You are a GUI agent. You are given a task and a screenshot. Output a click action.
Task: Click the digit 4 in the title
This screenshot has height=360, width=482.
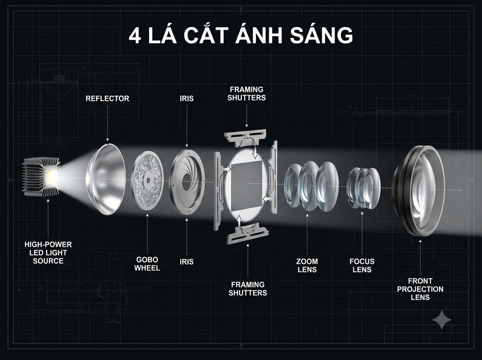pos(135,35)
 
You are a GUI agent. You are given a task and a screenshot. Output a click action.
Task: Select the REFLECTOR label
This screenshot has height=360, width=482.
pos(107,98)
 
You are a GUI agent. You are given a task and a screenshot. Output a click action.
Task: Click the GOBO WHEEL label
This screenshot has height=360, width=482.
pos(147,264)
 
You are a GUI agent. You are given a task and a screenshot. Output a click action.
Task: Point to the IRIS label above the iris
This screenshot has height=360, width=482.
pos(187,98)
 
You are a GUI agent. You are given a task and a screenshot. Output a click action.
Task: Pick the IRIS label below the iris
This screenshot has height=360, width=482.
pos(187,262)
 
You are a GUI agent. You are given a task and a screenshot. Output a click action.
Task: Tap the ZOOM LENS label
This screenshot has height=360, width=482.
pos(307,265)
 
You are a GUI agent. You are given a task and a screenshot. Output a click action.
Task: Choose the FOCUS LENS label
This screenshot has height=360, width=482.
pos(362,265)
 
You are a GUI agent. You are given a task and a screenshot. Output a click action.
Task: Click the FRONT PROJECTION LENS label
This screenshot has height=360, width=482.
pos(420,289)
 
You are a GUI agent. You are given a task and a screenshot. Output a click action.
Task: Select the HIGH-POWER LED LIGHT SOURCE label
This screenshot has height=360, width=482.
pos(48,253)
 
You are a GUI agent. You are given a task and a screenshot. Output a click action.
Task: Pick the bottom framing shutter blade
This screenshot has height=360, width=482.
pos(248,233)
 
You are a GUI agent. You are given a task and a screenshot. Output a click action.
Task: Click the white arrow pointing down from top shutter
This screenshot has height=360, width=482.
pos(255,151)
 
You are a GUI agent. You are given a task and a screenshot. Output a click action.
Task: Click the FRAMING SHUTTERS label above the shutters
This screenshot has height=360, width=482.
pos(246,94)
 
